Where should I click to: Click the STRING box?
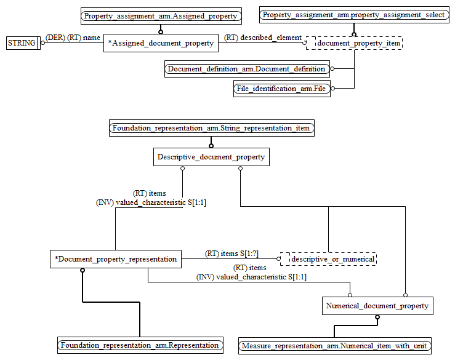[x=22, y=43]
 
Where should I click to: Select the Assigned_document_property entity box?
[x=161, y=43]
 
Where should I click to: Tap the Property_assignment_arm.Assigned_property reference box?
[x=160, y=15]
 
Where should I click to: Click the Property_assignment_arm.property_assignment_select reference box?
[x=353, y=15]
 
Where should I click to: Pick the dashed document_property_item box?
[x=354, y=43]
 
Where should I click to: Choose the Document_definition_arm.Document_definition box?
[x=246, y=69]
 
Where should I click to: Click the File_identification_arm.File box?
[x=281, y=89]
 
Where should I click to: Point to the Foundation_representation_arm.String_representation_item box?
[x=211, y=128]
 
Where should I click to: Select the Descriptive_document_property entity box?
[x=211, y=157]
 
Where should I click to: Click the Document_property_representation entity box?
[x=115, y=259]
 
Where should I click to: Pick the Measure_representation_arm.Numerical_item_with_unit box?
[x=335, y=346]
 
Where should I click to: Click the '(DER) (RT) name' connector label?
[x=73, y=38]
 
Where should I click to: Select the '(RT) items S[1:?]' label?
[x=232, y=254]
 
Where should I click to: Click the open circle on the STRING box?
[x=42, y=43]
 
